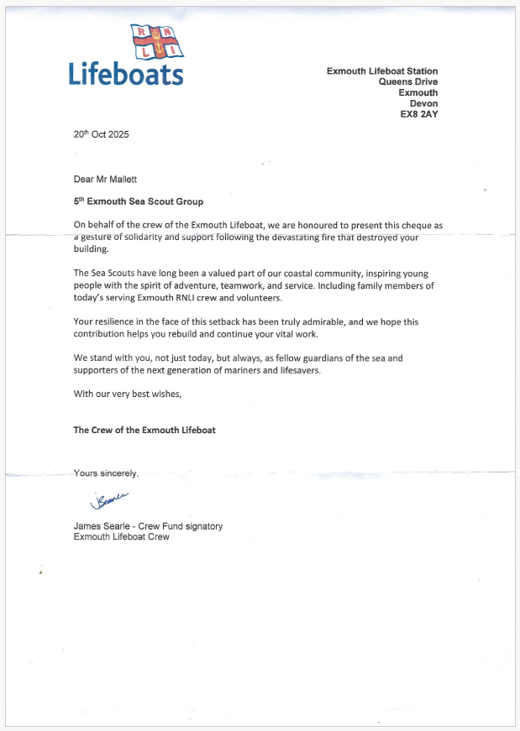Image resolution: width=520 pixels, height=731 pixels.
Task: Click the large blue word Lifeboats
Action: (x=126, y=75)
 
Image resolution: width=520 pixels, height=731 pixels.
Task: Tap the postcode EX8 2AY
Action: (x=419, y=114)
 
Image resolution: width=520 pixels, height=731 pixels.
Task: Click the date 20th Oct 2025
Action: (x=102, y=134)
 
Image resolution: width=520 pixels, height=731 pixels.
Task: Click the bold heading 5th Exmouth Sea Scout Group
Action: (x=139, y=201)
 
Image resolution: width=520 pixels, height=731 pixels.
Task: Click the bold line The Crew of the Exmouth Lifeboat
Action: (x=144, y=430)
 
